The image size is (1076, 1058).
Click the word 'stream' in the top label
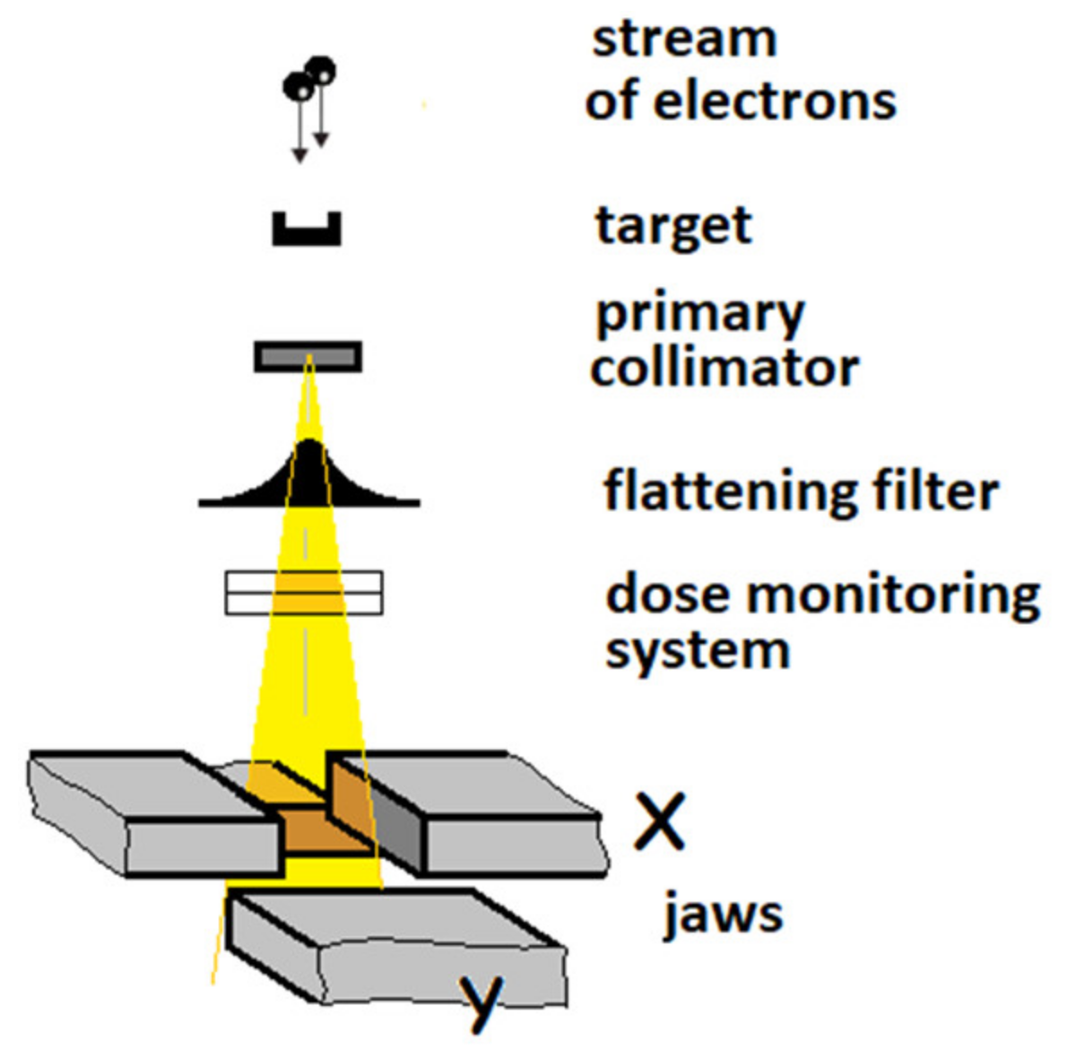point(683,39)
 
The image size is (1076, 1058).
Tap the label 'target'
point(673,225)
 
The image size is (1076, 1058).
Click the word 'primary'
point(700,315)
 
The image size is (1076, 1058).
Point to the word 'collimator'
point(725,368)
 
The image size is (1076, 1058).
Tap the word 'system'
point(697,649)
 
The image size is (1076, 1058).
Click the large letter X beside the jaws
point(659,820)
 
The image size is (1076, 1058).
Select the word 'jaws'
point(723,915)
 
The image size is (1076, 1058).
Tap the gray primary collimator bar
point(308,357)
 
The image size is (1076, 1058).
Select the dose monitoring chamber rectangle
point(304,593)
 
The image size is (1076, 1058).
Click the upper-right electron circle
point(320,70)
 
